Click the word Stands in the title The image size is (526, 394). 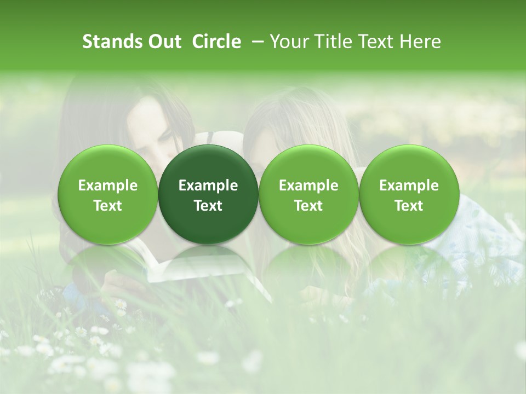pyautogui.click(x=112, y=42)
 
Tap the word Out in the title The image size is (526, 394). pyautogui.click(x=164, y=42)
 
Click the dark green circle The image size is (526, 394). pyautogui.click(x=208, y=194)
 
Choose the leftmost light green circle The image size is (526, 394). pyautogui.click(x=108, y=194)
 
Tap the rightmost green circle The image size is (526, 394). pyautogui.click(x=409, y=194)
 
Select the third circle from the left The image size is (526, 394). pyautogui.click(x=308, y=194)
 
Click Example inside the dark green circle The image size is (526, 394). pyautogui.click(x=208, y=186)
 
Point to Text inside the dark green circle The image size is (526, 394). pyautogui.click(x=208, y=206)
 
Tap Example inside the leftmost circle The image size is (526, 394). pyautogui.click(x=108, y=186)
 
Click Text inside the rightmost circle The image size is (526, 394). pyautogui.click(x=409, y=206)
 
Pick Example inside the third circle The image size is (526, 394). pyautogui.click(x=308, y=186)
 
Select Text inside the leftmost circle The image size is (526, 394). pyautogui.click(x=108, y=206)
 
